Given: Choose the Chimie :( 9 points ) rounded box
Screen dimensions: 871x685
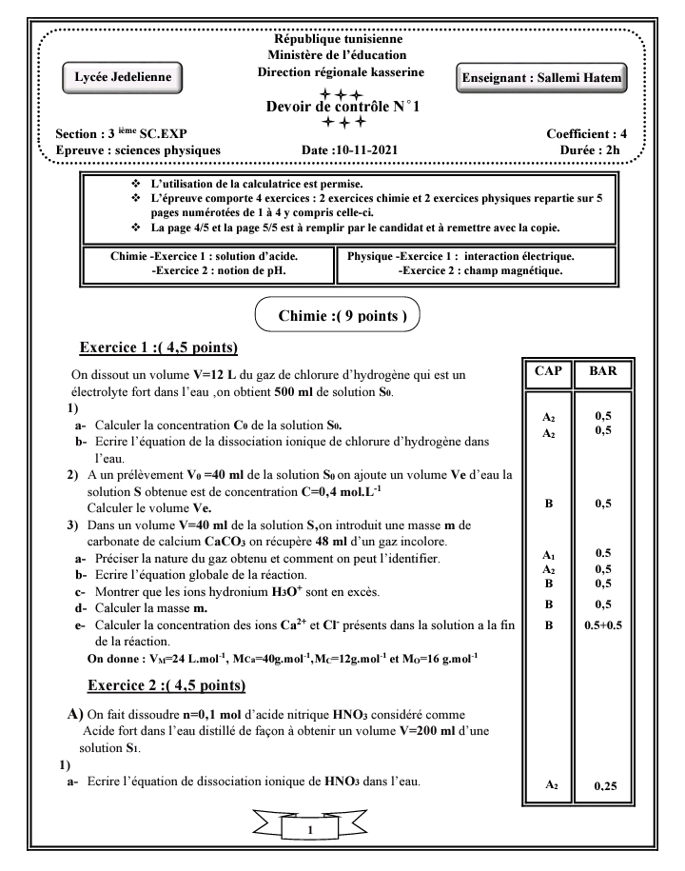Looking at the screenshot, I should (340, 315).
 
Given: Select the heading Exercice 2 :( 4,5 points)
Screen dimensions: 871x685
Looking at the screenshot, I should (166, 685).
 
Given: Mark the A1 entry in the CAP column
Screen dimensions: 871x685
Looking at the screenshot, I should (549, 553).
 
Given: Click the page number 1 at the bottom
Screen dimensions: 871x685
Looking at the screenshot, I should (312, 830).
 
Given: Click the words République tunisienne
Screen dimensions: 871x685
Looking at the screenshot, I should (338, 39).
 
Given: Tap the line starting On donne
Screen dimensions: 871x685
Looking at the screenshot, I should (283, 658).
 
